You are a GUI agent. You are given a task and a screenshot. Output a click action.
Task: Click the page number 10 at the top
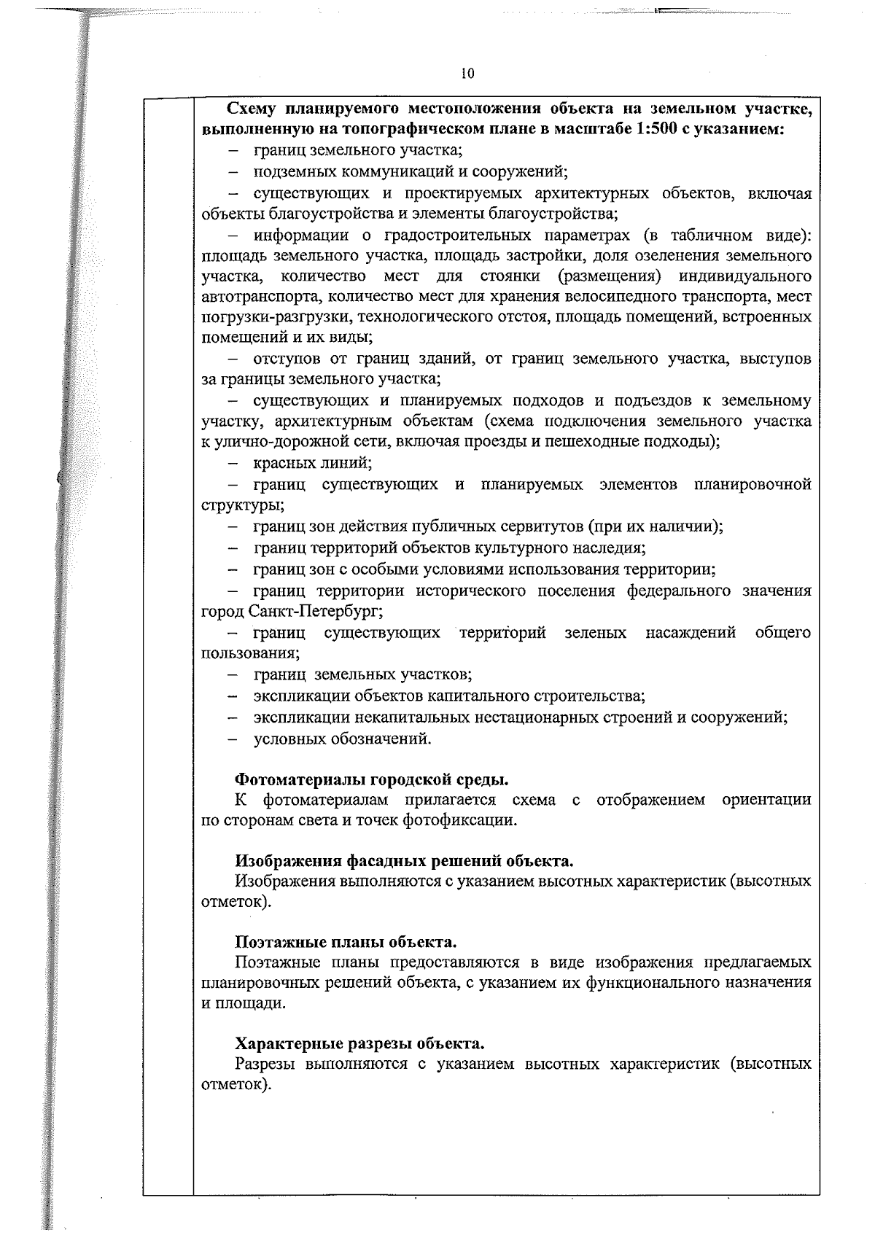[x=467, y=73]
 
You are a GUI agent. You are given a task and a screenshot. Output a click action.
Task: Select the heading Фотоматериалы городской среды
[x=371, y=779]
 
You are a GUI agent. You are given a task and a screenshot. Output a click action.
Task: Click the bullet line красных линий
[x=312, y=463]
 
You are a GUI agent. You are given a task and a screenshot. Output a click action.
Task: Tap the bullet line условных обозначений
[x=342, y=739]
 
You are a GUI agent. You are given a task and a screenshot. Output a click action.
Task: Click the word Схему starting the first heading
[x=252, y=109]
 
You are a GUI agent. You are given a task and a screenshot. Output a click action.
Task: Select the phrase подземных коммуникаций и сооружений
[x=410, y=172]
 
